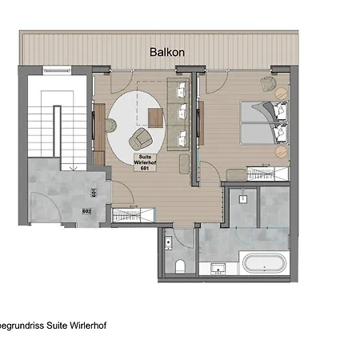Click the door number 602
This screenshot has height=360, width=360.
coord(86,210)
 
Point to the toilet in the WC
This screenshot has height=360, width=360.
coord(183,265)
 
